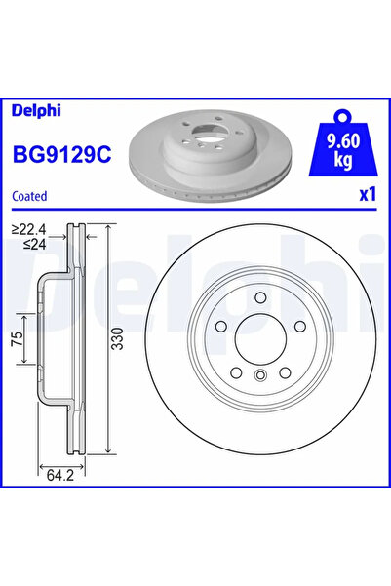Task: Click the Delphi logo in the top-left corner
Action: click(36, 110)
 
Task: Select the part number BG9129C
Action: click(62, 154)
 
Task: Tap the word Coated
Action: click(29, 196)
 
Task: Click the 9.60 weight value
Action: click(343, 141)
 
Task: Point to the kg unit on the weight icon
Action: click(343, 160)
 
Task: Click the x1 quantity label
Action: click(367, 194)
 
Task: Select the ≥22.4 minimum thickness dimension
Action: click(29, 229)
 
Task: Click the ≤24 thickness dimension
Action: click(34, 245)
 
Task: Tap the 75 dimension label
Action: click(18, 339)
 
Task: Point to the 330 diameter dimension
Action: click(117, 338)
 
